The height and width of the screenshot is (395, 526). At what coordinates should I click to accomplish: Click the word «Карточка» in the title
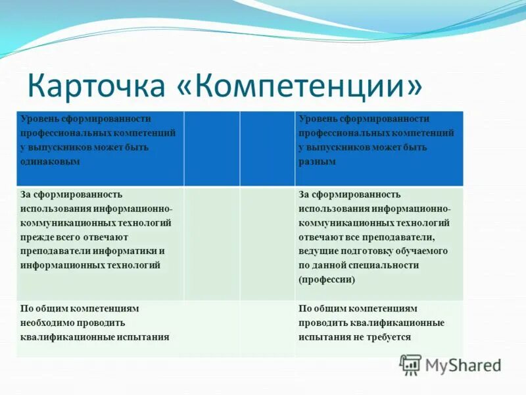(95, 87)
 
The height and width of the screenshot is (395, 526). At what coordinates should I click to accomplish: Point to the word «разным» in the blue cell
(317, 162)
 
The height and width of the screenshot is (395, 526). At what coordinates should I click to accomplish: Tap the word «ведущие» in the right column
(319, 251)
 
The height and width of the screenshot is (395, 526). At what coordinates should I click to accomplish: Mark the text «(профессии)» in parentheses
(327, 280)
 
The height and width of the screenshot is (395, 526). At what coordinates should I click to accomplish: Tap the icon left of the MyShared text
(411, 365)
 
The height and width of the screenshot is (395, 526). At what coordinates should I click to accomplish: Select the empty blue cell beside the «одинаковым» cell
(211, 148)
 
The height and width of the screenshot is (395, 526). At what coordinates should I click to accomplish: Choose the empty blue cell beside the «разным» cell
(267, 148)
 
